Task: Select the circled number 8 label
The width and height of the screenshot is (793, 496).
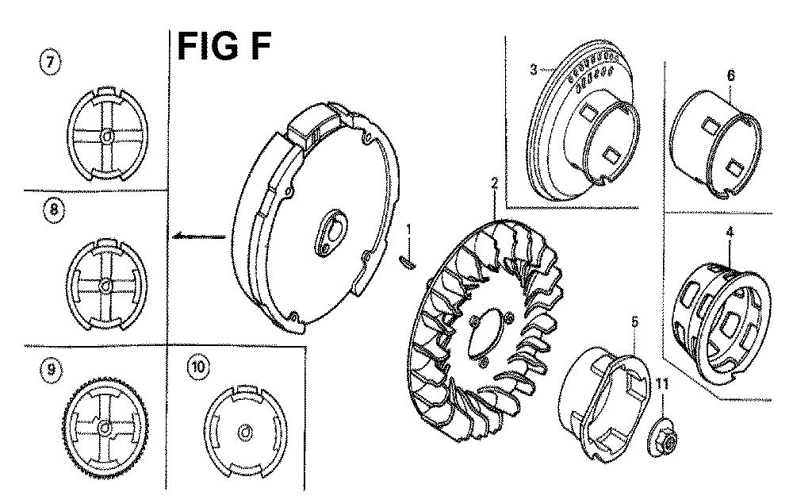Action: point(54,209)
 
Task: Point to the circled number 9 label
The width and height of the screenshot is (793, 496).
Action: point(51,369)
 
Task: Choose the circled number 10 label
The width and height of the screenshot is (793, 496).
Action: point(197,367)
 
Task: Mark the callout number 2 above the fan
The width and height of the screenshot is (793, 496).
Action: point(495,183)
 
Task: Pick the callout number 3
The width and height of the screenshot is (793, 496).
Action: point(534,69)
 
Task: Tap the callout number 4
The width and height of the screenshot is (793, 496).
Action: point(730,233)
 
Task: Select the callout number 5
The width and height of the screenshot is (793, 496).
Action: point(634,322)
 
